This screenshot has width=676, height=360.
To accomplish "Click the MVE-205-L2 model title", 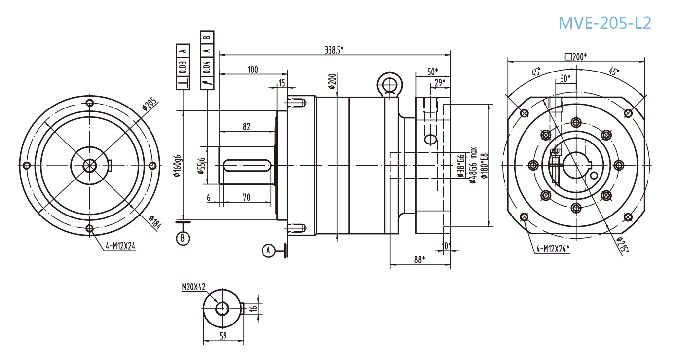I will tap(604, 23).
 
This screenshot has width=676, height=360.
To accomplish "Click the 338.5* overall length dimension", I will tap(334, 50).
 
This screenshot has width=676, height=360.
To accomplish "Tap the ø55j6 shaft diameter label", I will tap(201, 166).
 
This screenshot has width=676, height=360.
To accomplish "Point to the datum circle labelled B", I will tap(183, 238).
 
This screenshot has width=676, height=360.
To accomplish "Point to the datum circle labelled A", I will tap(268, 251).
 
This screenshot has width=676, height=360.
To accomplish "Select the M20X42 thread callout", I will tap(193, 287).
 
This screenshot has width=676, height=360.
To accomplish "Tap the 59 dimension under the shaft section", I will tap(223, 336).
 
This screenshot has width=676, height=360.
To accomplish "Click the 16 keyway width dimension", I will tap(253, 308).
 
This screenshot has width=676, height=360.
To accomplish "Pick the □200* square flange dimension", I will tap(576, 57).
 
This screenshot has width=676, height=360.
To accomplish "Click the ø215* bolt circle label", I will tap(623, 245).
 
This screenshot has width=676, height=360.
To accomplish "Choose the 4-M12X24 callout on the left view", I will tap(120, 245).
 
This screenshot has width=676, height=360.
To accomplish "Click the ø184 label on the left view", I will tap(154, 223).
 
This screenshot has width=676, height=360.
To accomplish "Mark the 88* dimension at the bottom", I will tap(419, 260).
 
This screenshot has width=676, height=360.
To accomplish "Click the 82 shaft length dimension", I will tap(246, 127).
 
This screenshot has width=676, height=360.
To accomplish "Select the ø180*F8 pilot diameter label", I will tap(484, 166).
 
